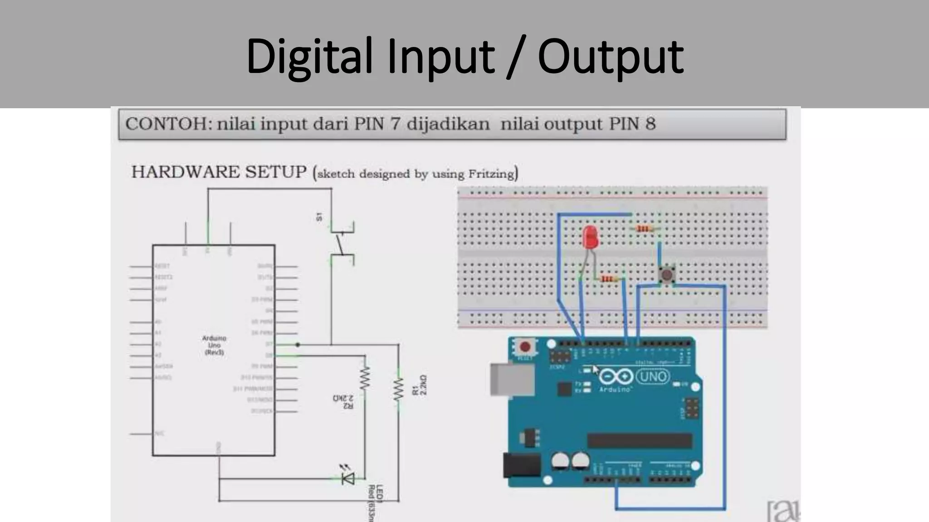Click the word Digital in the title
pos(309,57)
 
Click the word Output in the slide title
pos(610,57)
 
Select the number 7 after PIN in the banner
pos(395,124)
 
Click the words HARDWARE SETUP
pos(219,172)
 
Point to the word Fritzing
pos(491,174)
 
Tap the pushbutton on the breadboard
pos(666,275)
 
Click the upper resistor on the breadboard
pos(643,229)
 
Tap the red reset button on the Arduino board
pos(525,347)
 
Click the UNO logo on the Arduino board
pos(653,377)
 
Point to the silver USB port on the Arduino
pos(511,380)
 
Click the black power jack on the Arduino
pos(522,465)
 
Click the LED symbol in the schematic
pos(348,478)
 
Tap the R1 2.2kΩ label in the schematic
pos(420,385)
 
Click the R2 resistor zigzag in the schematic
pos(364,378)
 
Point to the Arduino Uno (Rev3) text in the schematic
pos(214,345)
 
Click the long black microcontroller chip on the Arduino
pos(640,440)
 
